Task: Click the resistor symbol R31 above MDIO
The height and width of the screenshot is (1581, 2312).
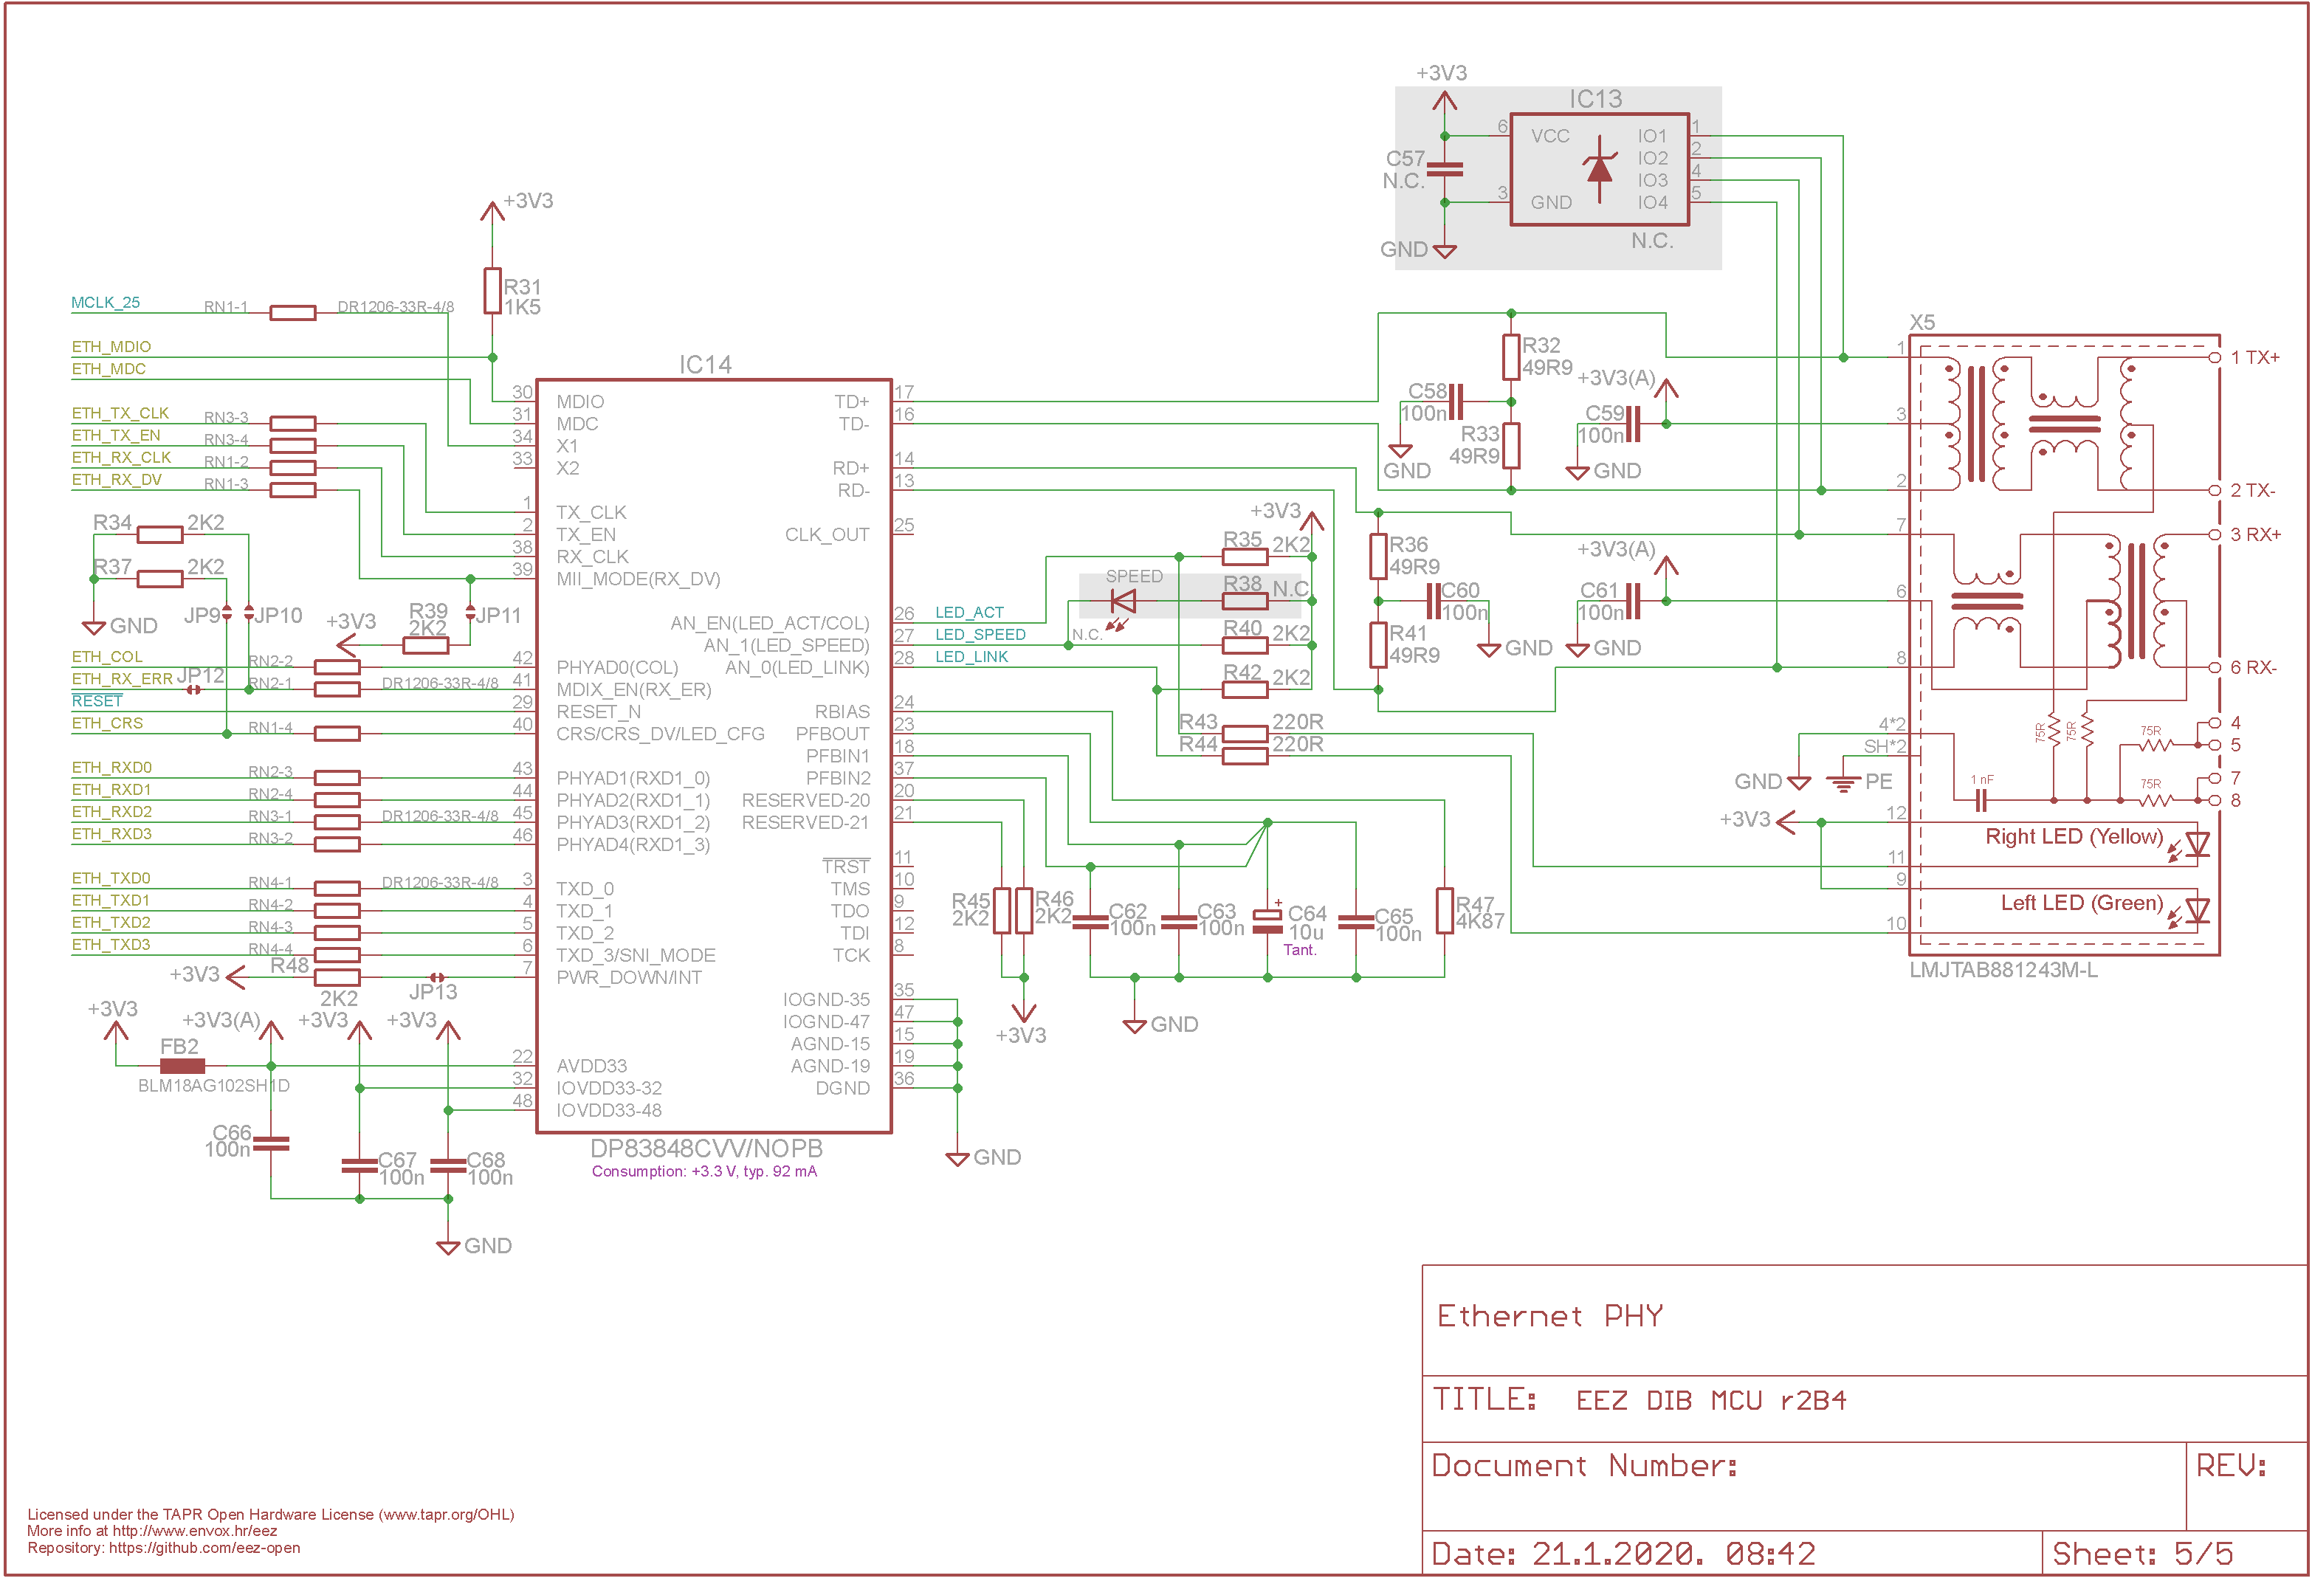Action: point(492,291)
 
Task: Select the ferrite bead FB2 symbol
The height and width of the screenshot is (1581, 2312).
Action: point(182,1066)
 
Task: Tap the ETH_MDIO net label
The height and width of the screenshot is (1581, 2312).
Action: point(111,346)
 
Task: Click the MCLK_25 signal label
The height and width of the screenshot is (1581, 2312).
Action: point(106,303)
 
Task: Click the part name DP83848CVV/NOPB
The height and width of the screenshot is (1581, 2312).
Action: point(706,1148)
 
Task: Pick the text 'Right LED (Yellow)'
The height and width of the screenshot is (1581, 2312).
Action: point(2074,837)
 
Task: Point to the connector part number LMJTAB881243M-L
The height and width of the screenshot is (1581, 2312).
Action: point(2003,970)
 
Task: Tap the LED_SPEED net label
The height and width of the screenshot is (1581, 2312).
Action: point(980,635)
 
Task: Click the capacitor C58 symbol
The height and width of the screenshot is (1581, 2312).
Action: point(1456,402)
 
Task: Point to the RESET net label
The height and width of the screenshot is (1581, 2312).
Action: point(97,700)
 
